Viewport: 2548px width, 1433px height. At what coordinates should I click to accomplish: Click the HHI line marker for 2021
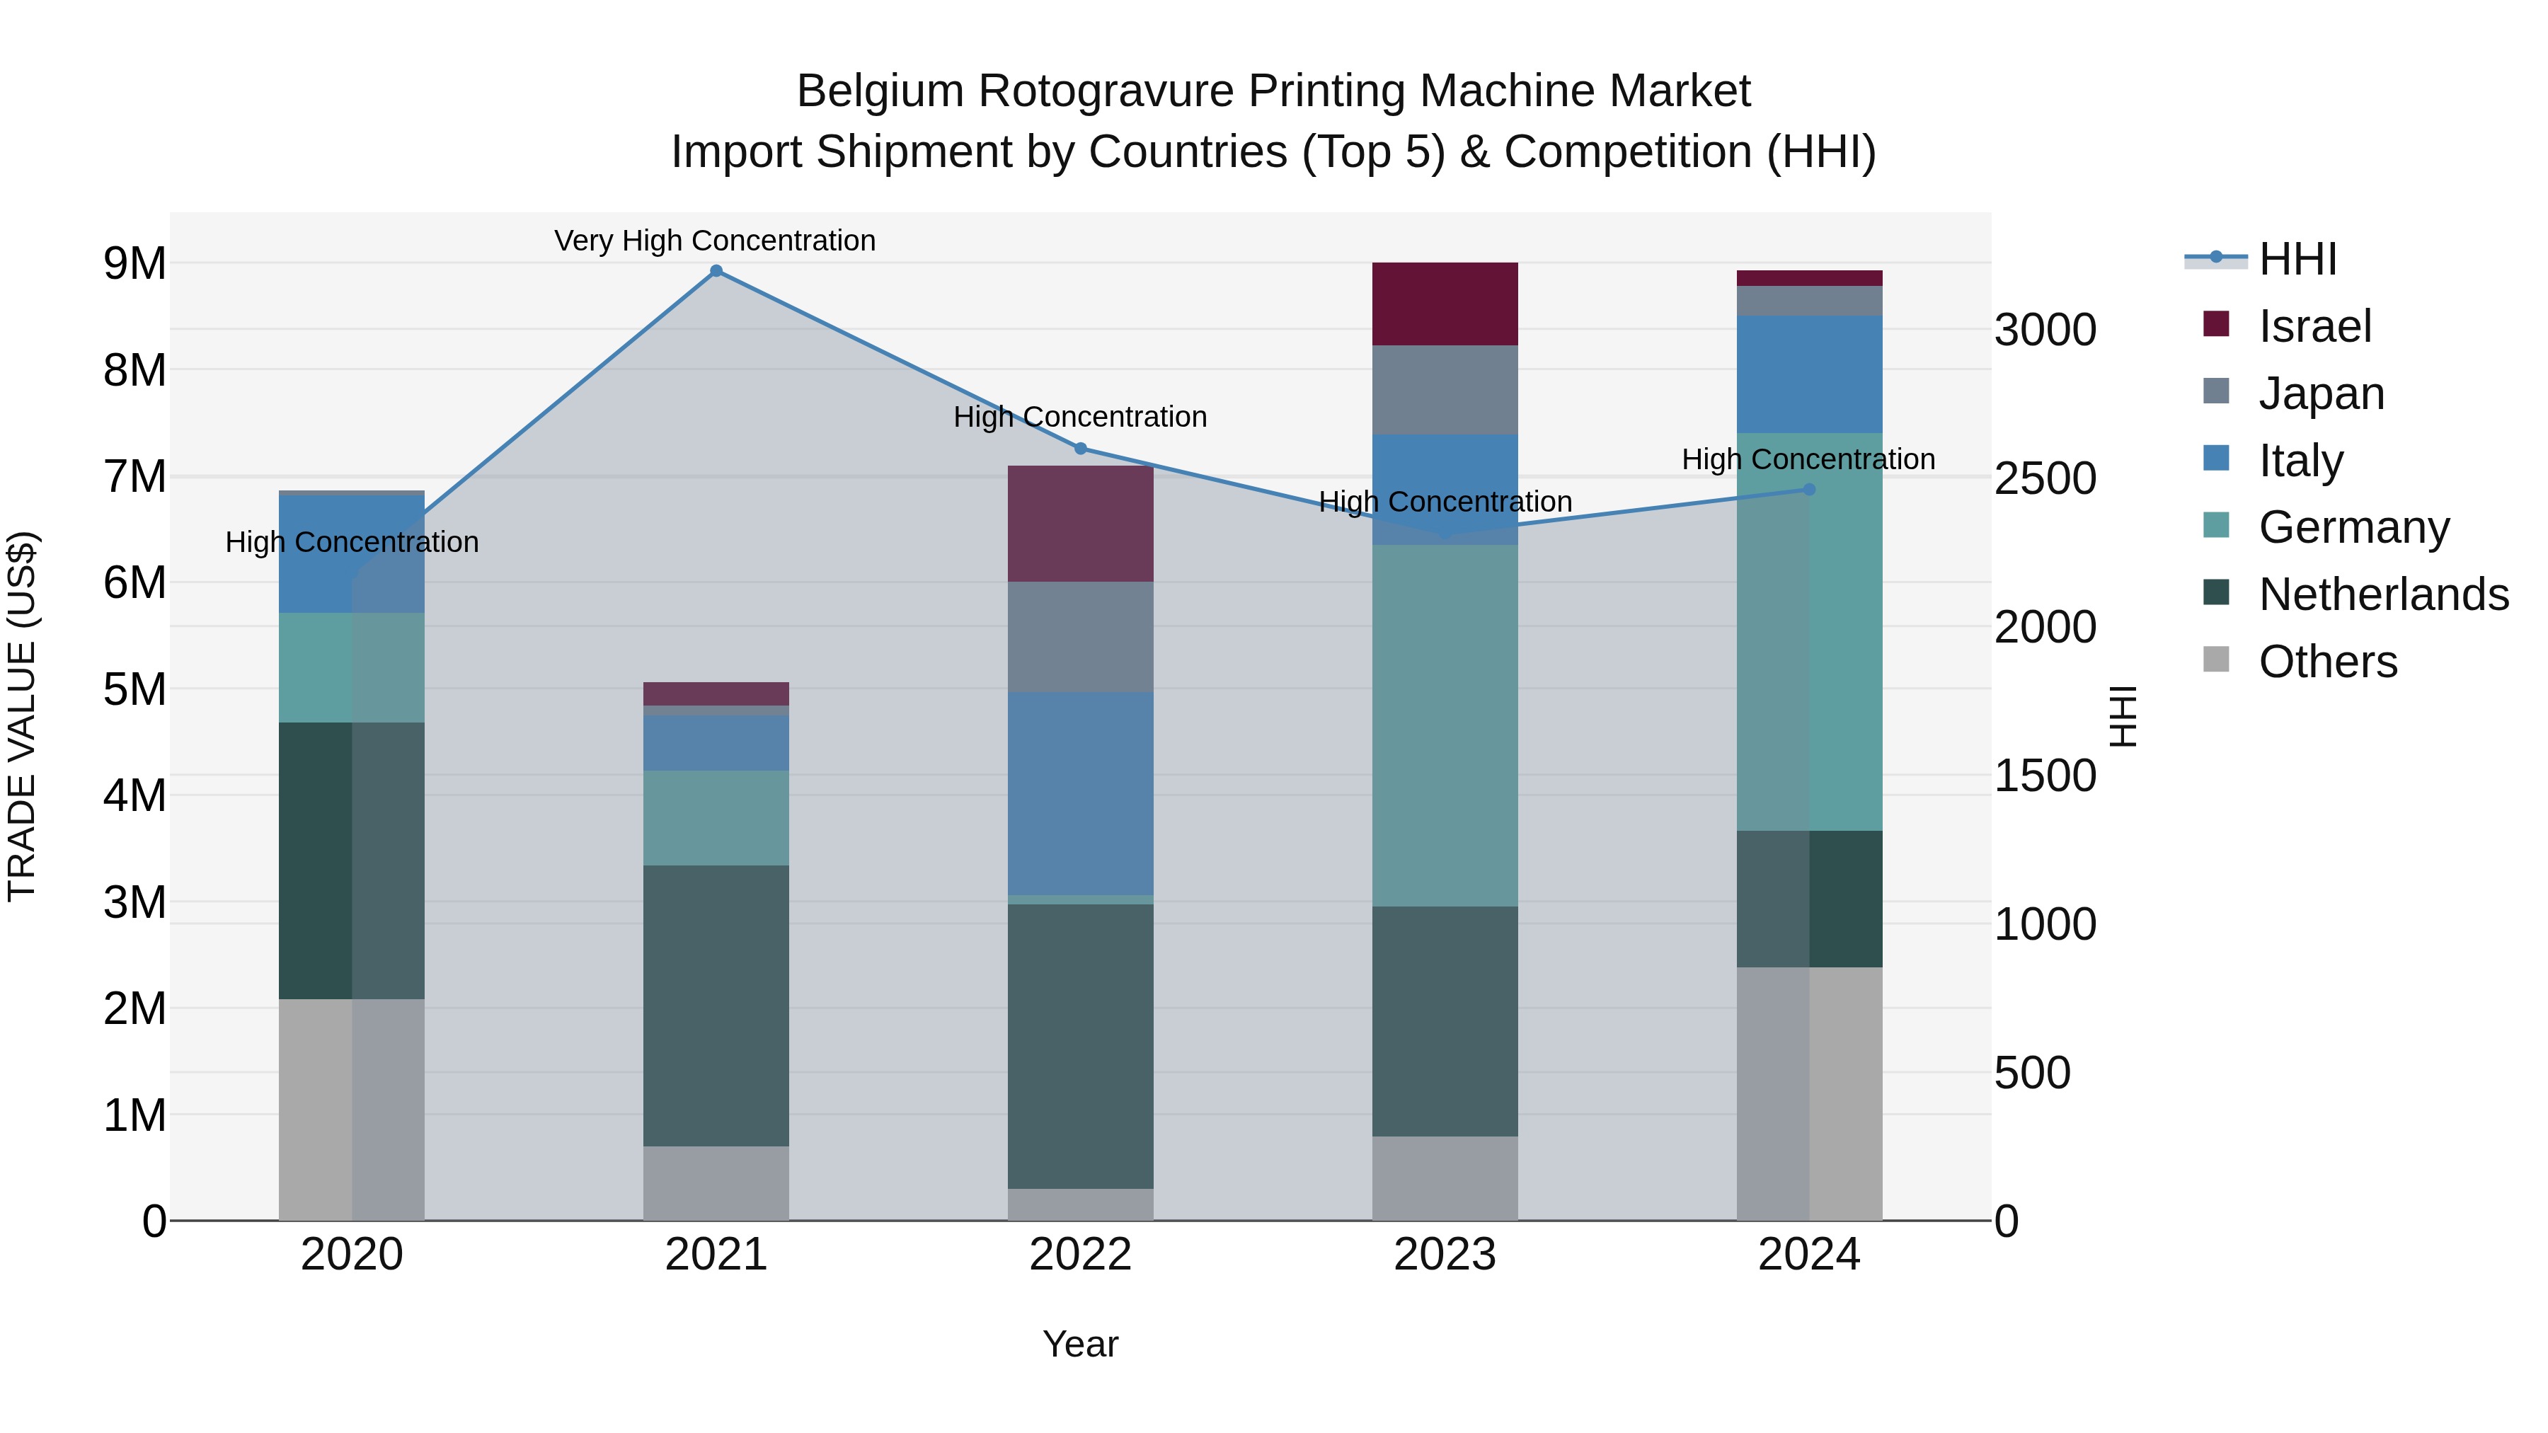[716, 271]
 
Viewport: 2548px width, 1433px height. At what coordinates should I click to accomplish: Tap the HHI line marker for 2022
[1080, 449]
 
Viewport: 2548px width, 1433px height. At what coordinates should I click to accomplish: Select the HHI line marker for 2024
[1809, 490]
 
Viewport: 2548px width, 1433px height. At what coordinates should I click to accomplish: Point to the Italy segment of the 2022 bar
[1080, 793]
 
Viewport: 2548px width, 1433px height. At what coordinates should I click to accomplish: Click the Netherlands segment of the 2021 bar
[716, 1005]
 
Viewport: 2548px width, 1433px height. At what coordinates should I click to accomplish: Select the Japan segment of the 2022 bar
[1080, 637]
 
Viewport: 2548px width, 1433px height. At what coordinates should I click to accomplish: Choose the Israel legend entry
[2314, 326]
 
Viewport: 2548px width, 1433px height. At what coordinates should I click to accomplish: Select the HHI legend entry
[2297, 259]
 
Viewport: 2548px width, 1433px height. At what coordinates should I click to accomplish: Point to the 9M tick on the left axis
[134, 264]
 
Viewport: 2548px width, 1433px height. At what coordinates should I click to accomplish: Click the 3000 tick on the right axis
[2045, 330]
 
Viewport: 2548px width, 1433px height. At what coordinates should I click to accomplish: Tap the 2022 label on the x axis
[1080, 1255]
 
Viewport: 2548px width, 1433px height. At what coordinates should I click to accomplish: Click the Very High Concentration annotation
[714, 241]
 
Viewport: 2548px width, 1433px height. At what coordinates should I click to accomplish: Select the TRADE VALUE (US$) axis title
[22, 716]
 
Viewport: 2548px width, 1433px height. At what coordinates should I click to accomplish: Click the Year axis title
[1080, 1344]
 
